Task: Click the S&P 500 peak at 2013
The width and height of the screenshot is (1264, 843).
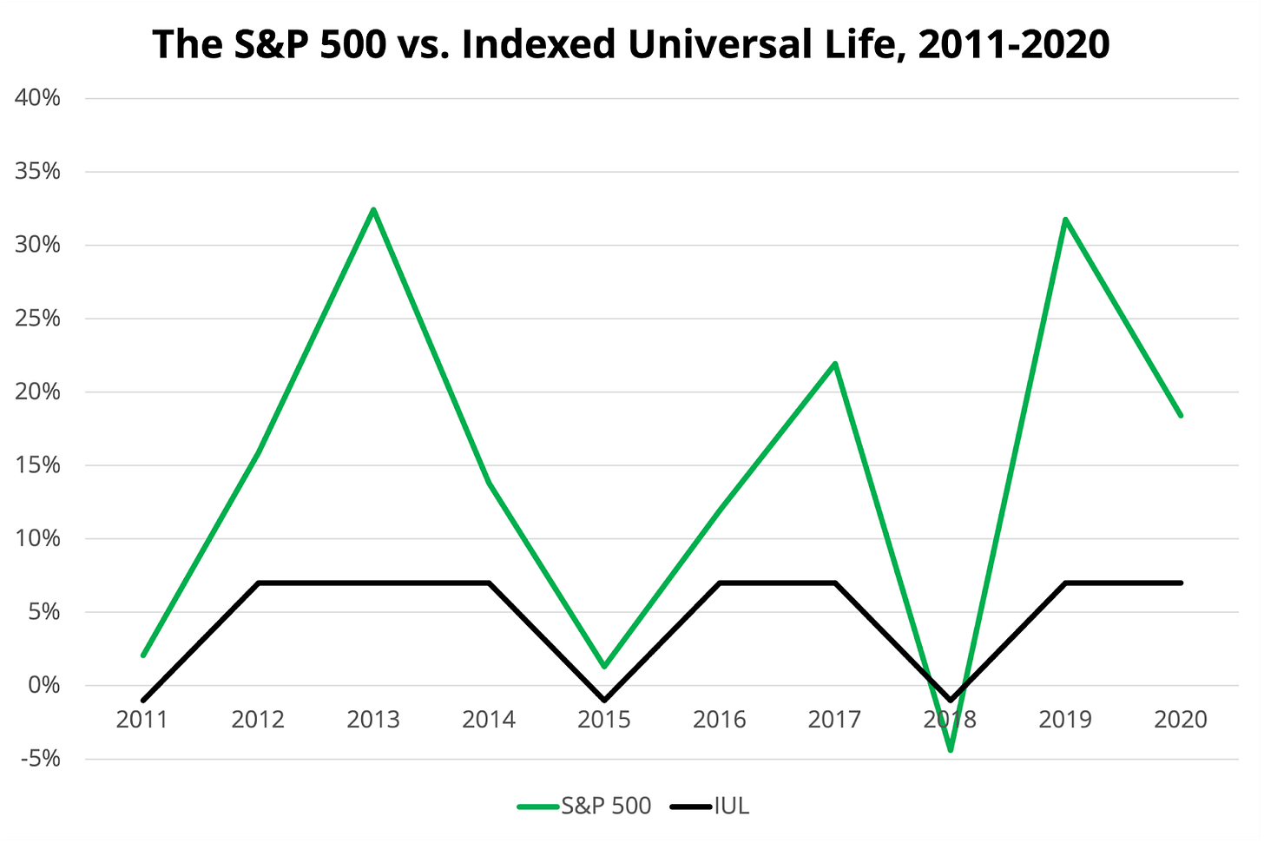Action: coord(373,210)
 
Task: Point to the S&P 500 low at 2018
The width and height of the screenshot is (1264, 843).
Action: coord(951,749)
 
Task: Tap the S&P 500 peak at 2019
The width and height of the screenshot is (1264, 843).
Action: coord(1065,220)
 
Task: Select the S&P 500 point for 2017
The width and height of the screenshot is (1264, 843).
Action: coord(834,364)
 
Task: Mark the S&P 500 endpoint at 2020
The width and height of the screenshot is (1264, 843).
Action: coord(1181,415)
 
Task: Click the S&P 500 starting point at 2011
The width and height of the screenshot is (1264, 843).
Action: coord(143,655)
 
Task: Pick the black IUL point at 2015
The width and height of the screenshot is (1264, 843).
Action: coord(604,700)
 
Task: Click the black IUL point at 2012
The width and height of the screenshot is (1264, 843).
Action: coord(259,583)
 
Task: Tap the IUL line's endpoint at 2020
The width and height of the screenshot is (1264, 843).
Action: coord(1181,583)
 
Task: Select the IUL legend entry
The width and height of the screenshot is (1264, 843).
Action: coord(711,806)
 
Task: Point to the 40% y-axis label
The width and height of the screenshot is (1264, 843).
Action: coord(38,98)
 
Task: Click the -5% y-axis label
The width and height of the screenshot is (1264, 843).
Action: coord(38,759)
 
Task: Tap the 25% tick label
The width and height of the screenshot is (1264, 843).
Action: coord(38,319)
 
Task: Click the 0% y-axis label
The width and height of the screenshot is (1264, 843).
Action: coord(44,685)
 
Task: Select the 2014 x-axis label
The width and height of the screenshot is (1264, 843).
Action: coord(489,720)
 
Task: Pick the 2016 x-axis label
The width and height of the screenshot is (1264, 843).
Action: coord(720,720)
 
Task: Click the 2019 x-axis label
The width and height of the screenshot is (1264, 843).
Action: coord(1065,720)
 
